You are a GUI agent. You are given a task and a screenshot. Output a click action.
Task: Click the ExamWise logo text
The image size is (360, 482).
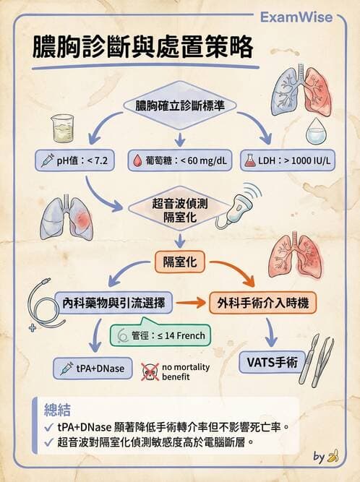click(307, 17)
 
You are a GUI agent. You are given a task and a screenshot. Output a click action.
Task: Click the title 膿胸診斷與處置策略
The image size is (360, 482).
click(142, 48)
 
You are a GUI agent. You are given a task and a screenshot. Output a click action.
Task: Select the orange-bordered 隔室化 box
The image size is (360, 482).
click(181, 261)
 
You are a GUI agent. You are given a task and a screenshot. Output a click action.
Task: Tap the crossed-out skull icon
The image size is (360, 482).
click(149, 371)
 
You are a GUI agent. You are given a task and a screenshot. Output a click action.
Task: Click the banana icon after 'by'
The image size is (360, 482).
click(332, 457)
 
